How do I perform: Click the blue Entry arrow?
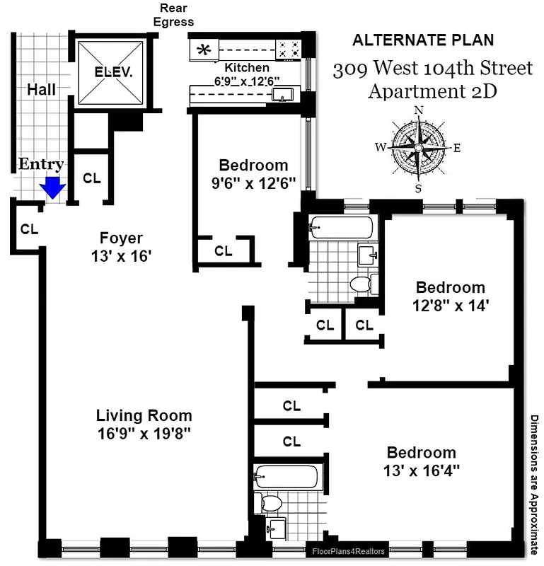pos(52,187)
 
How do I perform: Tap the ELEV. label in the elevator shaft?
pos(113,72)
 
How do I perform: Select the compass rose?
pos(418,149)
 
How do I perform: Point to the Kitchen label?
pos(246,67)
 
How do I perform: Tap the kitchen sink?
pos(287,96)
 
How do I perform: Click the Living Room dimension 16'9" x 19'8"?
pos(144,432)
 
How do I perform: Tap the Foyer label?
pos(121,238)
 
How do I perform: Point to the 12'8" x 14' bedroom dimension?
pos(451,306)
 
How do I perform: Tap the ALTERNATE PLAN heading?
pos(423,40)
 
